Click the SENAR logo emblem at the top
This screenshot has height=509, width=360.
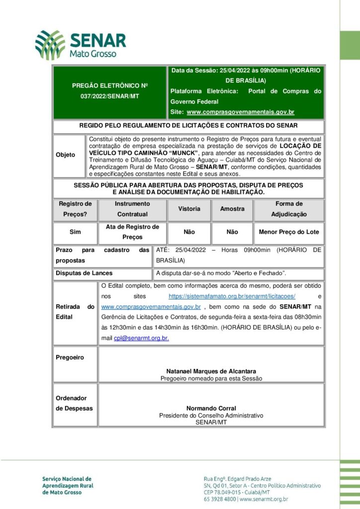(50, 45)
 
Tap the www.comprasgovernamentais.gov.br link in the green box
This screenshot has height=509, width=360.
(241, 112)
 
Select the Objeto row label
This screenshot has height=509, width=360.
(66, 155)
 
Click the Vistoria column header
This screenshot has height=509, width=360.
(189, 209)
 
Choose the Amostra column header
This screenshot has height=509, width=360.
(232, 209)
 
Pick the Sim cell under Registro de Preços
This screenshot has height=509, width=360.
(76, 232)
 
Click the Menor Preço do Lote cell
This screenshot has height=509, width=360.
(289, 232)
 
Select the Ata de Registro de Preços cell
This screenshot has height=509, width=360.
(132, 232)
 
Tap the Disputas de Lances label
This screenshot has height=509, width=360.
(84, 273)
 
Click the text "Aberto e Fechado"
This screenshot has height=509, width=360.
(263, 273)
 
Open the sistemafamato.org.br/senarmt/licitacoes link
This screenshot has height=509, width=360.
(232, 296)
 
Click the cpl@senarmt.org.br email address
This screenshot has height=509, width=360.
(141, 338)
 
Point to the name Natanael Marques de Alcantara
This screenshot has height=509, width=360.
(211, 371)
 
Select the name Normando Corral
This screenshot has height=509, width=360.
(211, 409)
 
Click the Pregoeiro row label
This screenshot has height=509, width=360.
(70, 357)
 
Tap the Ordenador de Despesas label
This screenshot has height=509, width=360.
(74, 403)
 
